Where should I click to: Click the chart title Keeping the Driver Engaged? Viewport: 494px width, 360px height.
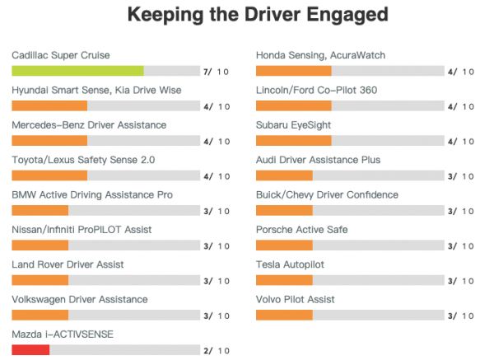[258, 14]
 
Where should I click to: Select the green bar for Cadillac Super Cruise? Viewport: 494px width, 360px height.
[77, 71]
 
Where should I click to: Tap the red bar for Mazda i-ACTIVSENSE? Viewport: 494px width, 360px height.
[30, 350]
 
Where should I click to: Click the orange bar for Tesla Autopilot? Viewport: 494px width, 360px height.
[284, 280]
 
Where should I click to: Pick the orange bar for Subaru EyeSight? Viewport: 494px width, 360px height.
[293, 141]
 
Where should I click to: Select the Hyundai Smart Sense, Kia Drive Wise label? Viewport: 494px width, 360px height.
[96, 90]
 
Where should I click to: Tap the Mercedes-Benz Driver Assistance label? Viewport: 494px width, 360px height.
[89, 124]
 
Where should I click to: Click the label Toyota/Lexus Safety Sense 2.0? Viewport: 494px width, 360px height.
[83, 160]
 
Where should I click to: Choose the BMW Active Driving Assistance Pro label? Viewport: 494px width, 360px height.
[92, 194]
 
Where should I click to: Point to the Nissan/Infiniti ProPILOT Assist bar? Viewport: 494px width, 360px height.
[40, 245]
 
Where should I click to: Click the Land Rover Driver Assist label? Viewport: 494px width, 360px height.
[67, 264]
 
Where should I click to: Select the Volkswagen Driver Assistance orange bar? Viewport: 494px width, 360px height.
[40, 316]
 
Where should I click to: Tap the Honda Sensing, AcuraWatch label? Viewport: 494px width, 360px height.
[320, 55]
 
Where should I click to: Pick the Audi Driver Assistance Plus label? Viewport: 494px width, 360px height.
[318, 160]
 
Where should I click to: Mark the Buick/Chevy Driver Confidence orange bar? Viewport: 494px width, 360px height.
[284, 211]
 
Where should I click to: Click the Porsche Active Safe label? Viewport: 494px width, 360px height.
[301, 229]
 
